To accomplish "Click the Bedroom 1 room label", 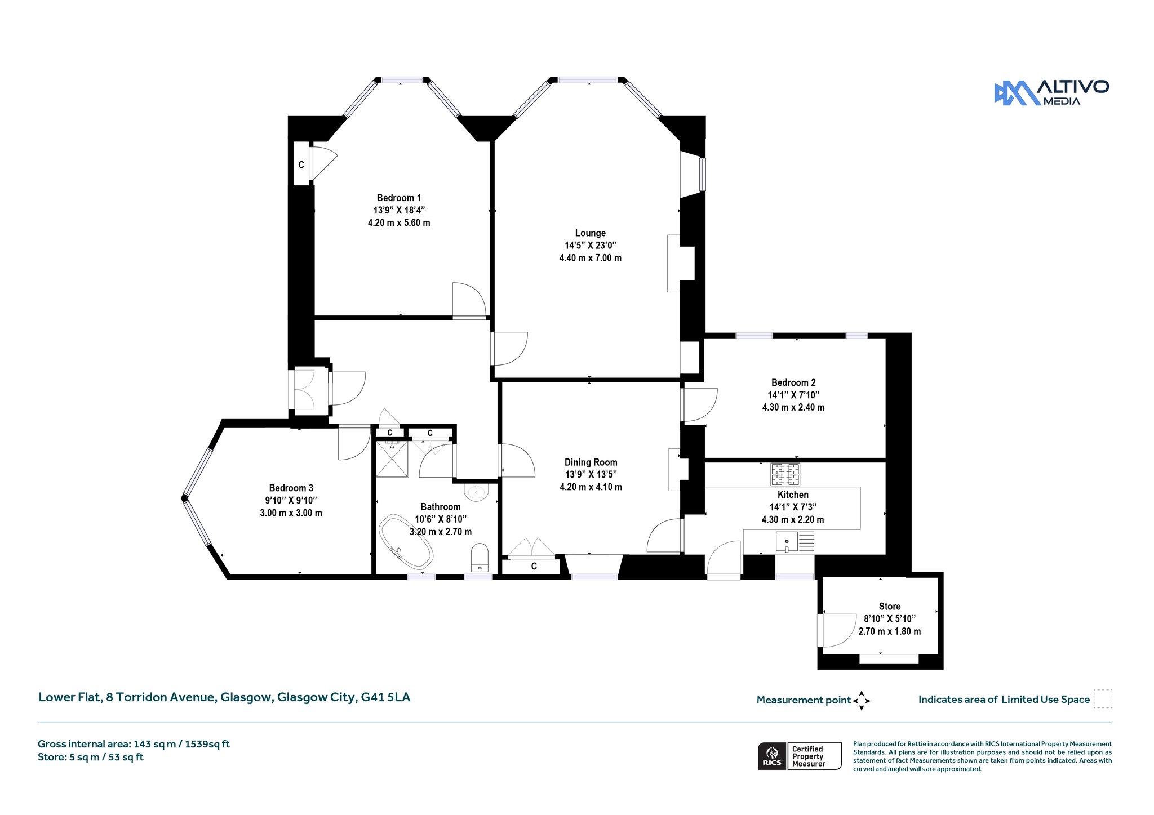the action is pos(399,198).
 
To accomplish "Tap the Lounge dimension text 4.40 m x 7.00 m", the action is pos(590,258).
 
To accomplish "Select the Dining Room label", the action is pos(591,462).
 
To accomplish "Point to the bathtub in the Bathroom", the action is pos(406,541).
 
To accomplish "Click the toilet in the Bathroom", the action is pos(480,557).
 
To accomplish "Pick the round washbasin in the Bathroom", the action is pos(476,492).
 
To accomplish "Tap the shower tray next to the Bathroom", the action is pos(392,458).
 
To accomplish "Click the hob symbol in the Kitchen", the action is pos(785,474).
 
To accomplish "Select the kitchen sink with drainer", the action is pos(795,541).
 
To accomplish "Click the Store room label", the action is pos(890,607).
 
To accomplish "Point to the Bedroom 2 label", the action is pos(793,382).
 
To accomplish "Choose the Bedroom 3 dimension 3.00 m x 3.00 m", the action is pos(291,513).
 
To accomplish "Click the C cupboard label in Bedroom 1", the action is pos(301,165).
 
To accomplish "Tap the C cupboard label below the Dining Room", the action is pos(534,566).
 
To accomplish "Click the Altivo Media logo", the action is pos(1051,92).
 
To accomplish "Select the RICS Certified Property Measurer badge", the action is pos(800,756).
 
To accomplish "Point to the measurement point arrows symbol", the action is pos(862,701).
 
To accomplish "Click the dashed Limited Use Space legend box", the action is pos(1103,699).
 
